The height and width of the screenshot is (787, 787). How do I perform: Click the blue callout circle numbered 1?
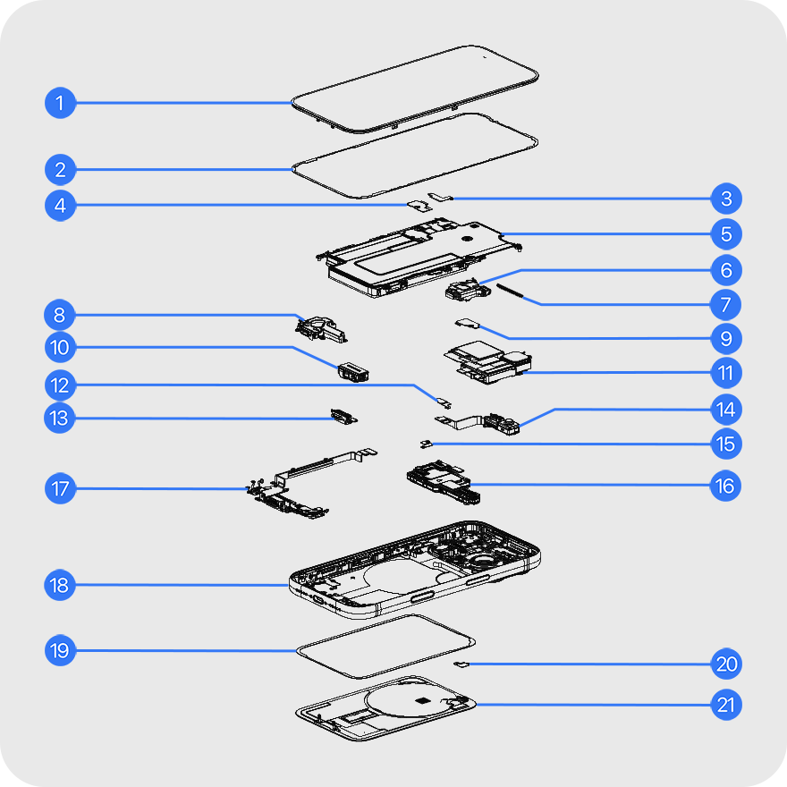point(60,103)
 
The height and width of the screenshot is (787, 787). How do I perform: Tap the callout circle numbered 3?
point(726,199)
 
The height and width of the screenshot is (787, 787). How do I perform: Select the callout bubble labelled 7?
point(726,305)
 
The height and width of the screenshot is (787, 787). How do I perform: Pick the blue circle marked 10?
point(60,347)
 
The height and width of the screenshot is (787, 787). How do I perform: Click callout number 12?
point(60,385)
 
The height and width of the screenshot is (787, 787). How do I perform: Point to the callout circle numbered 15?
point(726,444)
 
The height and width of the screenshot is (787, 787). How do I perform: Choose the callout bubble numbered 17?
point(60,488)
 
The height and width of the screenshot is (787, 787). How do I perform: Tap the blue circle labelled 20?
point(726,664)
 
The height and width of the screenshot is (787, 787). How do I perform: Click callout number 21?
point(726,705)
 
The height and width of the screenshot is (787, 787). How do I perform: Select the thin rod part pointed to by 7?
point(510,291)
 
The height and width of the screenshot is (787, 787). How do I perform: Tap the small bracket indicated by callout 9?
point(467,323)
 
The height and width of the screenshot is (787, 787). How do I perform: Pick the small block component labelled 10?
point(353,372)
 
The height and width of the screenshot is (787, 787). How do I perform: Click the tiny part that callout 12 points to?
point(444,402)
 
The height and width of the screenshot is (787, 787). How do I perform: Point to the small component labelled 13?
point(343,416)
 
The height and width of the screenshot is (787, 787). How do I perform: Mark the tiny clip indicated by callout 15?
point(426,444)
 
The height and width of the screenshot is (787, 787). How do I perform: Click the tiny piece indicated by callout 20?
point(461,664)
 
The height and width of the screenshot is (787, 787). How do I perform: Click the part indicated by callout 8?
point(320,329)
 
